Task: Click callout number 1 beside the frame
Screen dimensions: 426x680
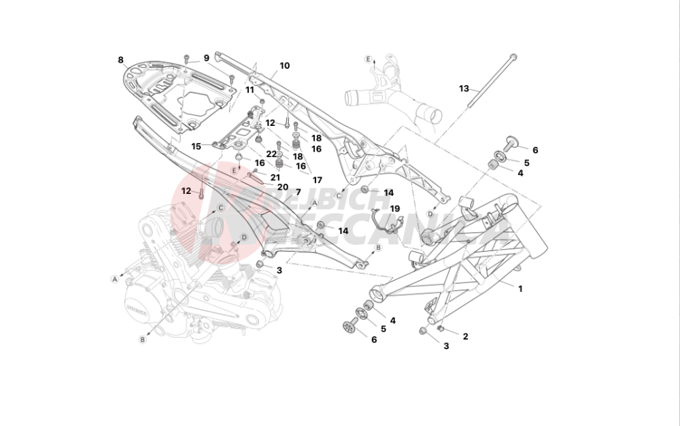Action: [x=520, y=289]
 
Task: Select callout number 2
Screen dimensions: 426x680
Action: [x=465, y=336]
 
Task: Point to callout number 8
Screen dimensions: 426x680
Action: [x=121, y=59]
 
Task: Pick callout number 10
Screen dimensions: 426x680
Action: [x=284, y=66]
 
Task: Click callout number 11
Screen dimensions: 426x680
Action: [x=250, y=90]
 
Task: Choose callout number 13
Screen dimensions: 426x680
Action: [x=464, y=88]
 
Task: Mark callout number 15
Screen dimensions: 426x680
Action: [x=196, y=146]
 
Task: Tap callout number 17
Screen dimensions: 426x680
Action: [x=317, y=180]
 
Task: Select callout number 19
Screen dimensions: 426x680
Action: [x=395, y=209]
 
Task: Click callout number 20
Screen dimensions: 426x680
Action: [x=282, y=186]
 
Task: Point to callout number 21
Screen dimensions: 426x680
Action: [x=275, y=177]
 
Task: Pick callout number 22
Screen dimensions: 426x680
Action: [x=271, y=154]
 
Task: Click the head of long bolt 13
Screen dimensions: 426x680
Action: [x=513, y=57]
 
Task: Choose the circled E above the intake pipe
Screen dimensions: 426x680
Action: [x=369, y=59]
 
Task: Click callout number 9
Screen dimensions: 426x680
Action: [x=206, y=58]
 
